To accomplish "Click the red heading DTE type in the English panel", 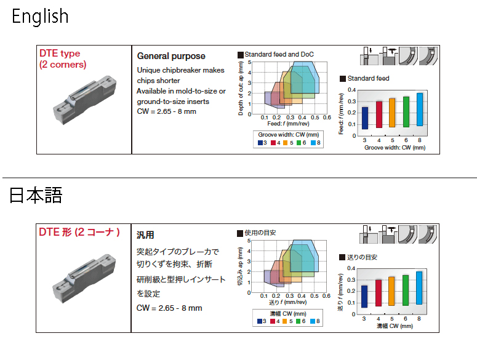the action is (60, 53).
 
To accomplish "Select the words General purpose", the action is (171, 56).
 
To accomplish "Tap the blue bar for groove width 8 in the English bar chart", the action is (420, 110).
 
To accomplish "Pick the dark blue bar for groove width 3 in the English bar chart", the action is (365, 118).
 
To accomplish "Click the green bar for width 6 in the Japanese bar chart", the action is (405, 290).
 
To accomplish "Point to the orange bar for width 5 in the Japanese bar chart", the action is (391, 291).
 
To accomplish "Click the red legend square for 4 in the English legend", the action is (273, 143).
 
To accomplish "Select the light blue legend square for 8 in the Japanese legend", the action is (313, 321).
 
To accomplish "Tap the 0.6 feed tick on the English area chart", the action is (327, 118).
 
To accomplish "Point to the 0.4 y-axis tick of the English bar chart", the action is (351, 90).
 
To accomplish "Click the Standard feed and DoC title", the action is (279, 54).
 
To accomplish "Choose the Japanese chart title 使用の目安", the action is (260, 233).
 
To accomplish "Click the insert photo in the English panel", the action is (85, 100).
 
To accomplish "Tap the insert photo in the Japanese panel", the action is (84, 278).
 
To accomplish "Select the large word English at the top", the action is (40, 17).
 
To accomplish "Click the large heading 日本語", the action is (36, 195).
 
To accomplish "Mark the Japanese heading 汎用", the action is (145, 235).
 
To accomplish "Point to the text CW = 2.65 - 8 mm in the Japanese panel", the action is (169, 308).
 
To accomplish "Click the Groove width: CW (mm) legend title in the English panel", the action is (289, 135).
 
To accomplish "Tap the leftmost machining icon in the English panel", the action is (369, 56).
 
